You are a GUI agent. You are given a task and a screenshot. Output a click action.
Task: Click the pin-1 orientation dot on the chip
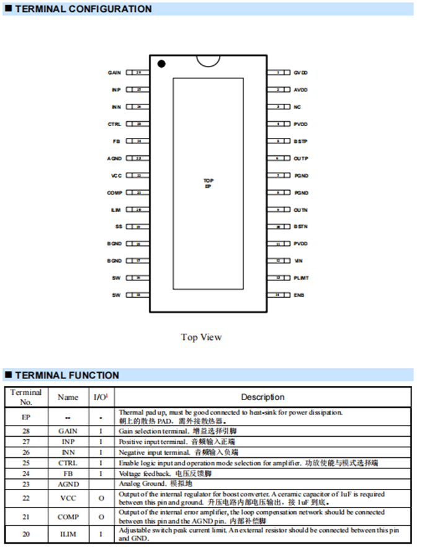161,63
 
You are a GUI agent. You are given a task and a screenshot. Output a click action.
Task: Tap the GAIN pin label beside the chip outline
114,73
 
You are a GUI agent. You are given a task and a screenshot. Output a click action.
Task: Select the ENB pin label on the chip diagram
299,295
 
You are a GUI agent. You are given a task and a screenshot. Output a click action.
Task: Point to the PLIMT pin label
301,278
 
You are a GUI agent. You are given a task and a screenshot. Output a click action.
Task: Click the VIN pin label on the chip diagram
298,261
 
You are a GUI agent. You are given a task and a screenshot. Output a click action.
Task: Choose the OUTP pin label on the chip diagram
301,158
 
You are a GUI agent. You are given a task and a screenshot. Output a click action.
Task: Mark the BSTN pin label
301,227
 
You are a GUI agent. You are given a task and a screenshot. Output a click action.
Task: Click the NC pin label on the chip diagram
297,107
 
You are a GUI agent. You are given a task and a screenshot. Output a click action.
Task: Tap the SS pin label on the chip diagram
118,227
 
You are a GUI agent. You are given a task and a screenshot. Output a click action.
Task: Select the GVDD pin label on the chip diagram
301,73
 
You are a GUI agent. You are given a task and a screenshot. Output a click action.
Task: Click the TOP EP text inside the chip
209,183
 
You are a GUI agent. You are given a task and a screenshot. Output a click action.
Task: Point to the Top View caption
201,337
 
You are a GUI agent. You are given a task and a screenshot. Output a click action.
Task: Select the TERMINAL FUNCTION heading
67,375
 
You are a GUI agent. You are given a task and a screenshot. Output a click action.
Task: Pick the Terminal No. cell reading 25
25,463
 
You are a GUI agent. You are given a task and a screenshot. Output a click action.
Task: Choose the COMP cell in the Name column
68,517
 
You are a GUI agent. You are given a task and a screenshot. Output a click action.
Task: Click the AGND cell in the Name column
68,484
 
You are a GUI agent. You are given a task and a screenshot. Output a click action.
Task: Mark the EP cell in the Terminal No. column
25,416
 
